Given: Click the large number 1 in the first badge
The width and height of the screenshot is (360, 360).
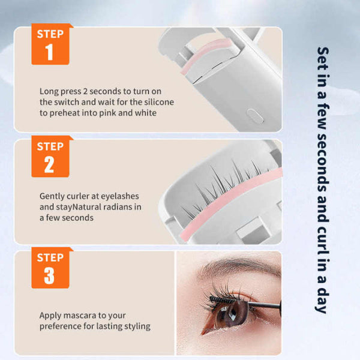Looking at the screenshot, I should coord(49,53).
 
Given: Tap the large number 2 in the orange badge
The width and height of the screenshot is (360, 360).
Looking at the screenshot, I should coord(49,164).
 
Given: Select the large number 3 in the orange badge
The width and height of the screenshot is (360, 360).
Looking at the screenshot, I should coord(49,275).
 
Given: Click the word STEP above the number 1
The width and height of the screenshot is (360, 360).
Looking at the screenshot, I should coord(50,34).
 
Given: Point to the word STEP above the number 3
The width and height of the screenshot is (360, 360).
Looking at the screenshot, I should coord(50,257).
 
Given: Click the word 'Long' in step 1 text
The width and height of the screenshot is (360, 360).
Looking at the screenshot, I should coord(49,92).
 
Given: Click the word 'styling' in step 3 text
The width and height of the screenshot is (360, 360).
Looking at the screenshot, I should coord(136,326).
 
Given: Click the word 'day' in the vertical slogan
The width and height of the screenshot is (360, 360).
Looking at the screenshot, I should coord(322,300).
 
